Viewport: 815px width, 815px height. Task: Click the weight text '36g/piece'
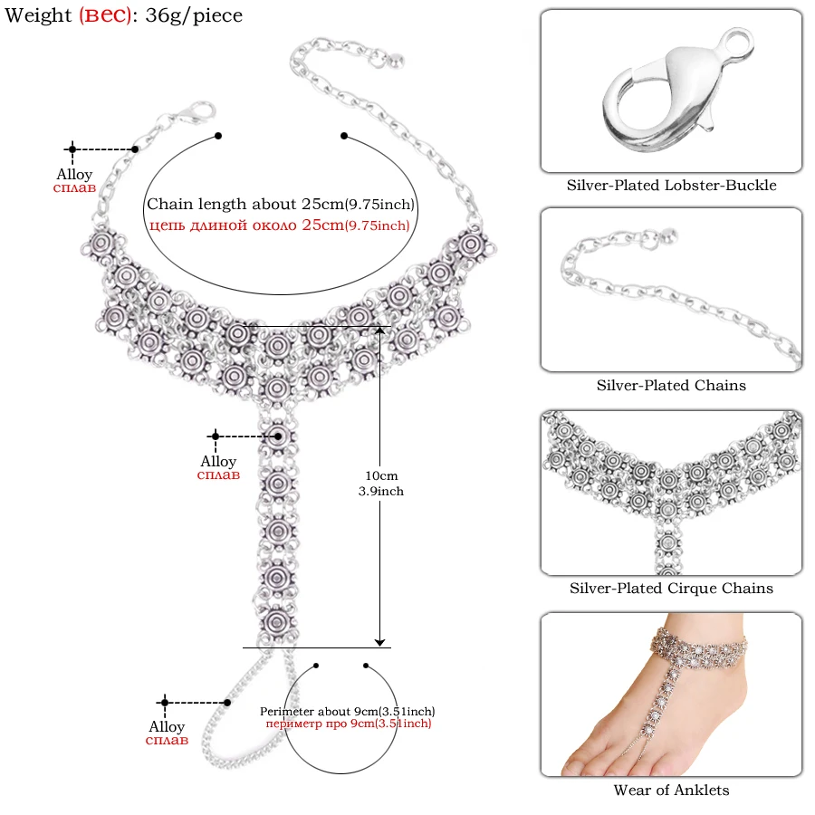click(x=194, y=15)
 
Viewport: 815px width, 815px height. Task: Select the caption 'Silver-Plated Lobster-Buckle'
click(x=672, y=185)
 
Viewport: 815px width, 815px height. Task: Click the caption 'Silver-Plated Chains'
click(x=671, y=385)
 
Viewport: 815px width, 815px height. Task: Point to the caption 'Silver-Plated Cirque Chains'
click(x=671, y=588)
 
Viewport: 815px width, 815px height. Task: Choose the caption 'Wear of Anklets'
click(x=671, y=790)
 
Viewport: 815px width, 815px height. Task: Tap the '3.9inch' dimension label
click(x=380, y=491)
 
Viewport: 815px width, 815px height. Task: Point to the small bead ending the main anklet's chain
click(x=396, y=62)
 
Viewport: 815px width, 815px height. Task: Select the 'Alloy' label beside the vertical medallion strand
click(x=218, y=462)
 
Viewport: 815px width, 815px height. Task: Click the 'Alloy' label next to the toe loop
click(x=167, y=727)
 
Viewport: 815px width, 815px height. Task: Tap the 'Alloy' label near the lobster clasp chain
click(x=74, y=174)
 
